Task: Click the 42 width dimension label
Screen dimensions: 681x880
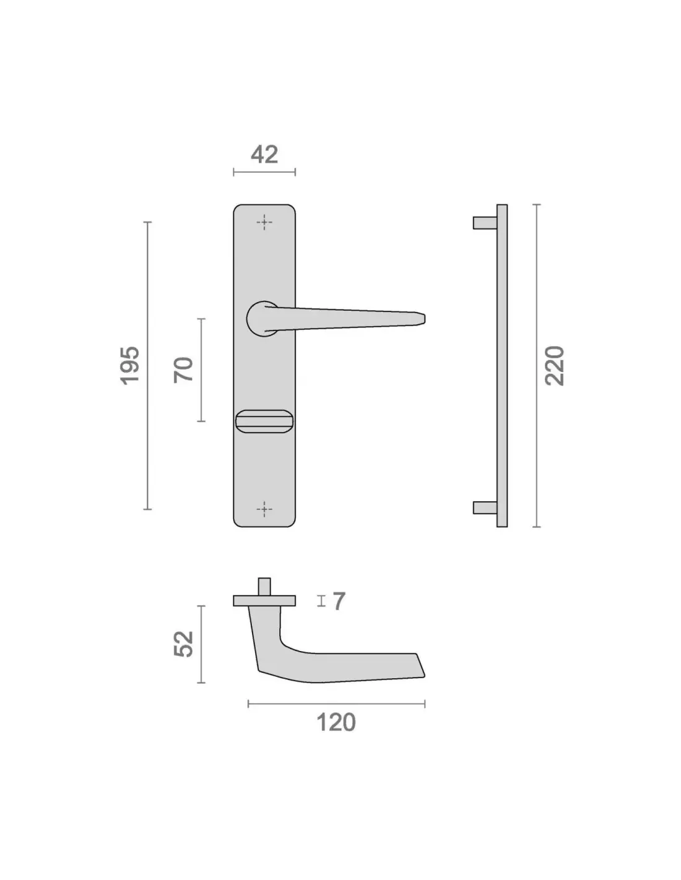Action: pos(264,155)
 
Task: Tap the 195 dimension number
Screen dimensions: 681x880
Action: pos(131,366)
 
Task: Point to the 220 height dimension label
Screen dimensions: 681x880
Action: pos(554,366)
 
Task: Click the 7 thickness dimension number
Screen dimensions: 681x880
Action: pos(339,601)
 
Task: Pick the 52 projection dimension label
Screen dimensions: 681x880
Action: pos(183,644)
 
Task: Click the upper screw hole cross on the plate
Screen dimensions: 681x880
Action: pos(264,222)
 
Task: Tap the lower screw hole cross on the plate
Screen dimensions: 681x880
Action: pos(264,509)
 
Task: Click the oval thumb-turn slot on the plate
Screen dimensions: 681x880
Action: pos(262,421)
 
